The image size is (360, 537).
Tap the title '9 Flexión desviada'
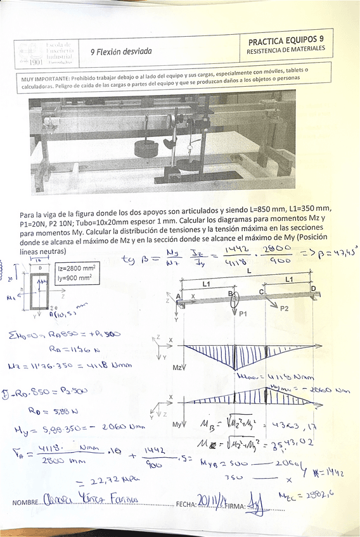[x=121, y=51]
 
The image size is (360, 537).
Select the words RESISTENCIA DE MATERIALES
[x=286, y=49]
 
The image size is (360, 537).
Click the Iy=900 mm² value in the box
[x=75, y=277]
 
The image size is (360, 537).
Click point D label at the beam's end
[x=312, y=288]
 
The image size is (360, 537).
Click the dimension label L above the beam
[x=248, y=270]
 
